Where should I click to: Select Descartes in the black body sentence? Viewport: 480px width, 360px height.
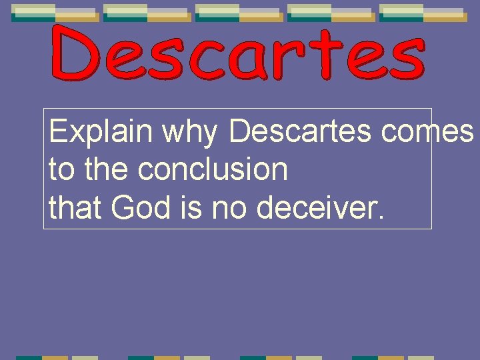tap(301, 131)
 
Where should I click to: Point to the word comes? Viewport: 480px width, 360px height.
tap(427, 132)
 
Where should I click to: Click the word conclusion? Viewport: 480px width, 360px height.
tap(213, 169)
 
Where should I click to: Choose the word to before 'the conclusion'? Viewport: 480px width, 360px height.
tap(62, 169)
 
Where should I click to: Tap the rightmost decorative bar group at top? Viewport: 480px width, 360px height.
tap(422, 13)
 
